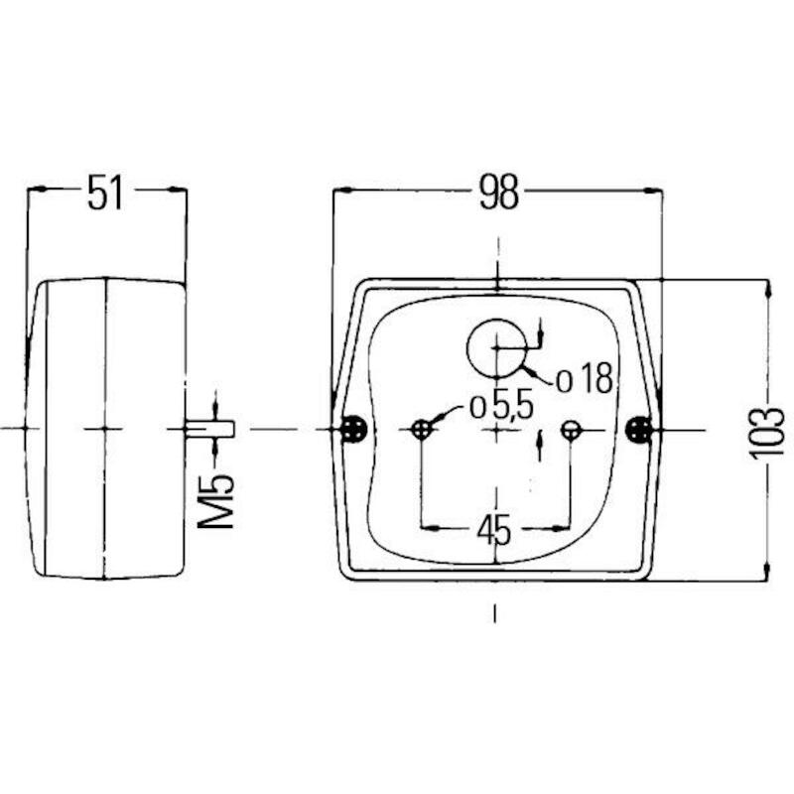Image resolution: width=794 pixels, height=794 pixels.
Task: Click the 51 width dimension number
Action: coord(105,192)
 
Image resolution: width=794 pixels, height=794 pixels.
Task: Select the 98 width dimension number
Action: coord(499,192)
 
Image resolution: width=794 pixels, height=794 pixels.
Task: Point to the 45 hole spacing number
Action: coord(494,530)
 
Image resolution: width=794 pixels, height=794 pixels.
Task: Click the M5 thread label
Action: coord(215,501)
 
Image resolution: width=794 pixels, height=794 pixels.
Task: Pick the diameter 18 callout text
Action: coord(585,379)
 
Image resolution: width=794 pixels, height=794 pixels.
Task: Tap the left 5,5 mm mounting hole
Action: coord(421,430)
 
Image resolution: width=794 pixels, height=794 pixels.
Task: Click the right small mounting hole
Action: coord(571,430)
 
